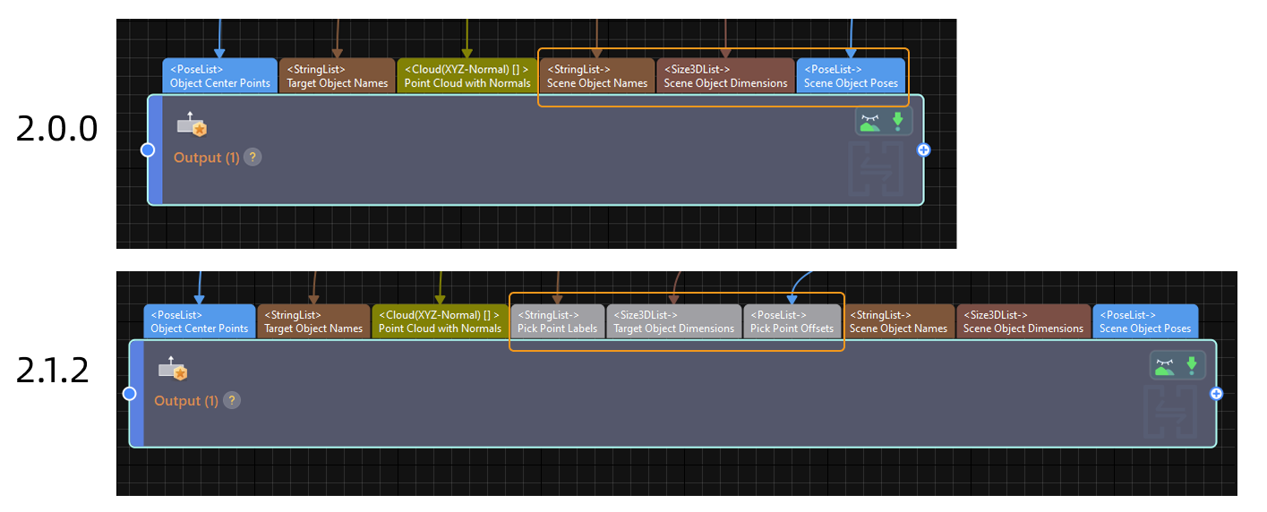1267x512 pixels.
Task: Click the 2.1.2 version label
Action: tap(53, 371)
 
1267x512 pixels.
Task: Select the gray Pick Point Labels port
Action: tap(557, 321)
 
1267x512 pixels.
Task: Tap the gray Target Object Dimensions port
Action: tap(673, 321)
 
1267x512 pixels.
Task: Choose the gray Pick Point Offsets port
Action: tap(792, 321)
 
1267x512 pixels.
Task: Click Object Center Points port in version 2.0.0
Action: tap(220, 76)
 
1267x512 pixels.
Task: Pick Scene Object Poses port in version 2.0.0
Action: tap(850, 76)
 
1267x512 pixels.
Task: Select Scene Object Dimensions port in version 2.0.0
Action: tap(725, 76)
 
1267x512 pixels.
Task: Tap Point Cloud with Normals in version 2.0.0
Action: tap(466, 76)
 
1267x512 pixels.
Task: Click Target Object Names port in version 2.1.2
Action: tap(313, 321)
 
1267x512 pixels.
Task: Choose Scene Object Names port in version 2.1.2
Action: tap(898, 321)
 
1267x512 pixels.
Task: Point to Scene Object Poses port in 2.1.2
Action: tap(1145, 321)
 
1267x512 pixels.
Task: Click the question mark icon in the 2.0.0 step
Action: tap(253, 158)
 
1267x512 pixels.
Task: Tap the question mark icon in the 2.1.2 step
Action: tap(232, 401)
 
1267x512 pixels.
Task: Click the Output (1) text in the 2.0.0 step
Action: tap(207, 158)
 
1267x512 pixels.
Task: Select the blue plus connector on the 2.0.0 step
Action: tap(924, 149)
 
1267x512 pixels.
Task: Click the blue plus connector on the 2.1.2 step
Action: tap(1216, 394)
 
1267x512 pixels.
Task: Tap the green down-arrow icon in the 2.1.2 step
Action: tap(1192, 365)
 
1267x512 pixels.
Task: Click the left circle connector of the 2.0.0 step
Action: tap(149, 150)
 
